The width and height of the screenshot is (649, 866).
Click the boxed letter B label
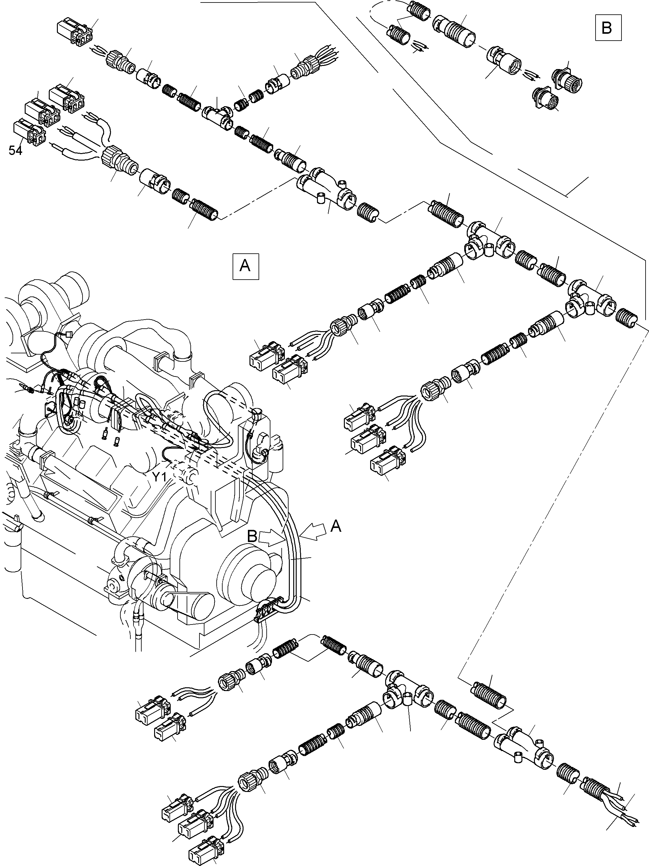click(x=608, y=28)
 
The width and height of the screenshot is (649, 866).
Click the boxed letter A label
click(x=246, y=266)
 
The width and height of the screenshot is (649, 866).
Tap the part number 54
click(x=16, y=150)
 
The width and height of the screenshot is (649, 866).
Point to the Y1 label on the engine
click(x=159, y=477)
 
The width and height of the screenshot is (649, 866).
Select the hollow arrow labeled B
click(x=271, y=538)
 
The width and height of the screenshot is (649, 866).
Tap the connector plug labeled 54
click(x=29, y=133)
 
